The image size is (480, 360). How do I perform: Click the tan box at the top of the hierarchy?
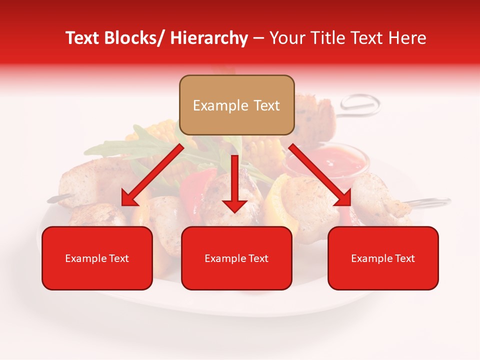(236, 105)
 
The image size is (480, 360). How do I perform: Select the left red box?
(97, 258)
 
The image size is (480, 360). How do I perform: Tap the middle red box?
(236, 258)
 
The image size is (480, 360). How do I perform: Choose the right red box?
(383, 258)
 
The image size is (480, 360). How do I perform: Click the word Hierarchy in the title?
(209, 38)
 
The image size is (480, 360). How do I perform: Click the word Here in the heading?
(408, 38)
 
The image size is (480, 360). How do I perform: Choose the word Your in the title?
(285, 38)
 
